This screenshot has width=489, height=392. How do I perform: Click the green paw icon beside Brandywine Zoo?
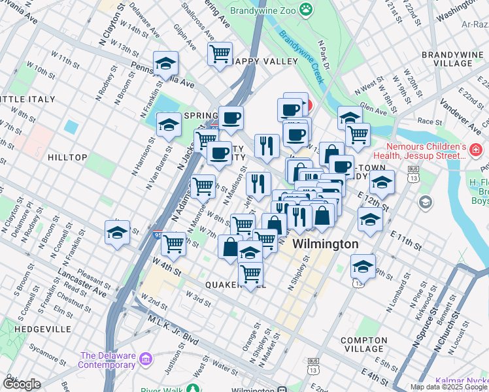pyautogui.click(x=305, y=8)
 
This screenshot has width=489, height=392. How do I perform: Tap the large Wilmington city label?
pyautogui.click(x=325, y=244)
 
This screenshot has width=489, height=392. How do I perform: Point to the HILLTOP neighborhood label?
pyautogui.click(x=67, y=157)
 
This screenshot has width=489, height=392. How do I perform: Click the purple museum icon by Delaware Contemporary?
pyautogui.click(x=144, y=359)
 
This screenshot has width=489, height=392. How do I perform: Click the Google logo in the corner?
pyautogui.click(x=22, y=384)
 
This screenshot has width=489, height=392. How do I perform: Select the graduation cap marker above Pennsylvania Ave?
pyautogui.click(x=166, y=64)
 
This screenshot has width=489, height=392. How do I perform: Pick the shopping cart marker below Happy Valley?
pyautogui.click(x=220, y=52)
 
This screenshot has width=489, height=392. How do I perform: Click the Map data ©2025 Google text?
pyautogui.click(x=448, y=387)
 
